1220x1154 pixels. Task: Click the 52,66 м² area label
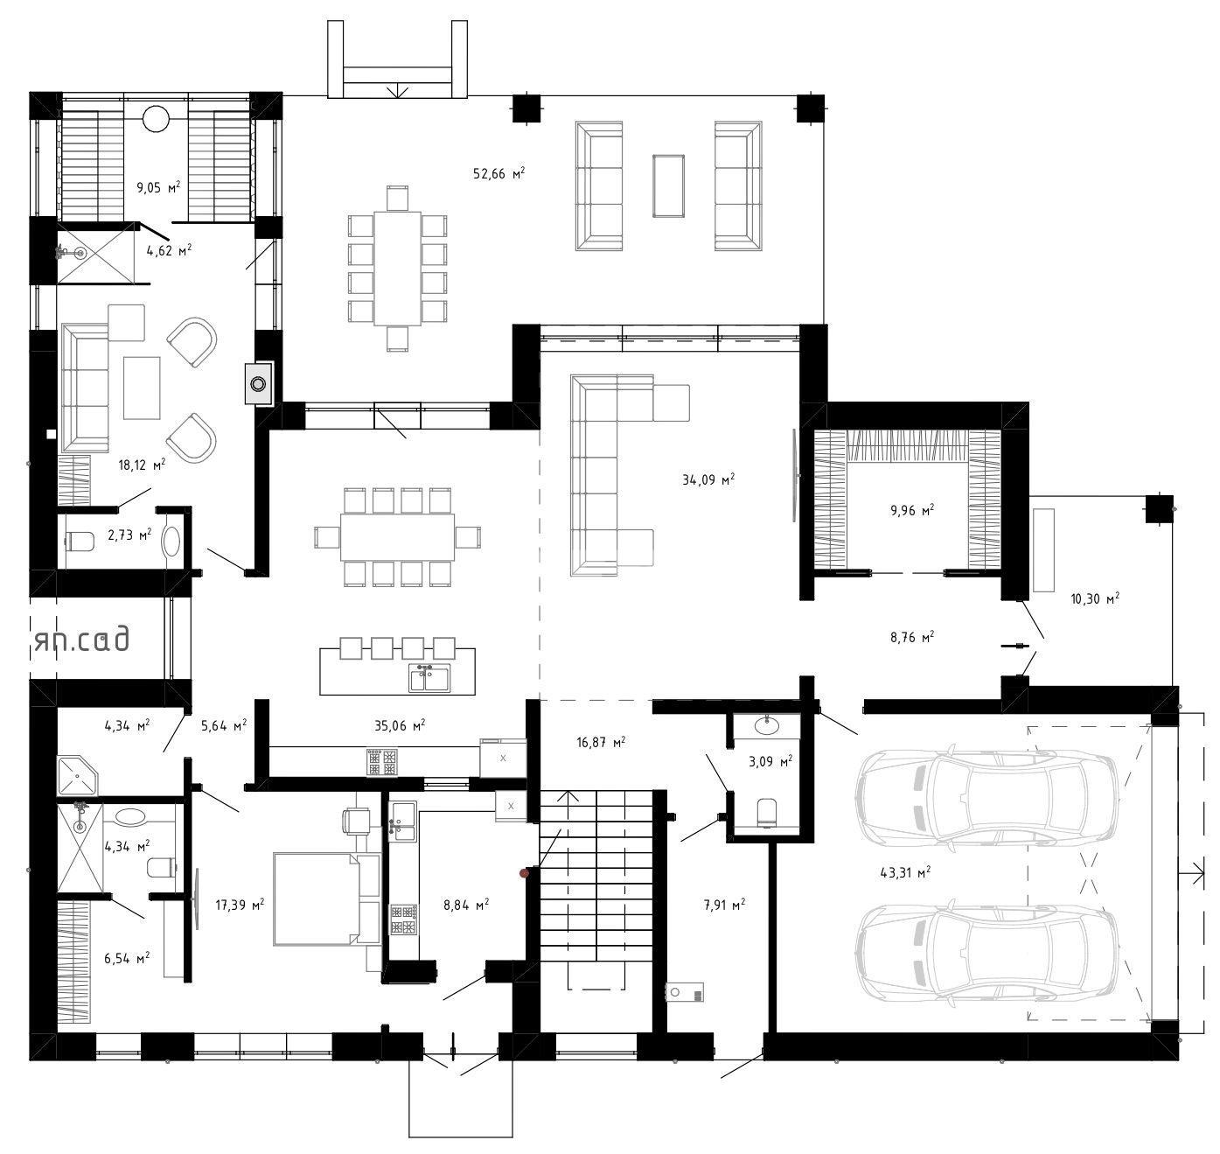(498, 173)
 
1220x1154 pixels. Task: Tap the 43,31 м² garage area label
(905, 872)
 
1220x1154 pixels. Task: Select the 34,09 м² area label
(708, 479)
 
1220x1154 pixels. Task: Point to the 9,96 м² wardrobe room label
(911, 510)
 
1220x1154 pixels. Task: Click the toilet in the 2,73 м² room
(80, 541)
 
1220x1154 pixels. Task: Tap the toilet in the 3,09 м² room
(768, 813)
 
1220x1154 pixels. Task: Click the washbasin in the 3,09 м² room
(768, 724)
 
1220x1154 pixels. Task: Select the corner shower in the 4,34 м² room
(77, 775)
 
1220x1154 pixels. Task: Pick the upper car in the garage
(986, 797)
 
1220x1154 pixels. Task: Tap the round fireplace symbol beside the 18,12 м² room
(258, 384)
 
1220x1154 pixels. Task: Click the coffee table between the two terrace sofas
(668, 185)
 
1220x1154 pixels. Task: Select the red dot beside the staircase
(525, 873)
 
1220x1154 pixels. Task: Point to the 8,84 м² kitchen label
(466, 905)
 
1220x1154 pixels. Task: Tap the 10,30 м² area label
(1095, 598)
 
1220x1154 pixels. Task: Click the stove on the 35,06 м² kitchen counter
(382, 762)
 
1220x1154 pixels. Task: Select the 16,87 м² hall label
(601, 741)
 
